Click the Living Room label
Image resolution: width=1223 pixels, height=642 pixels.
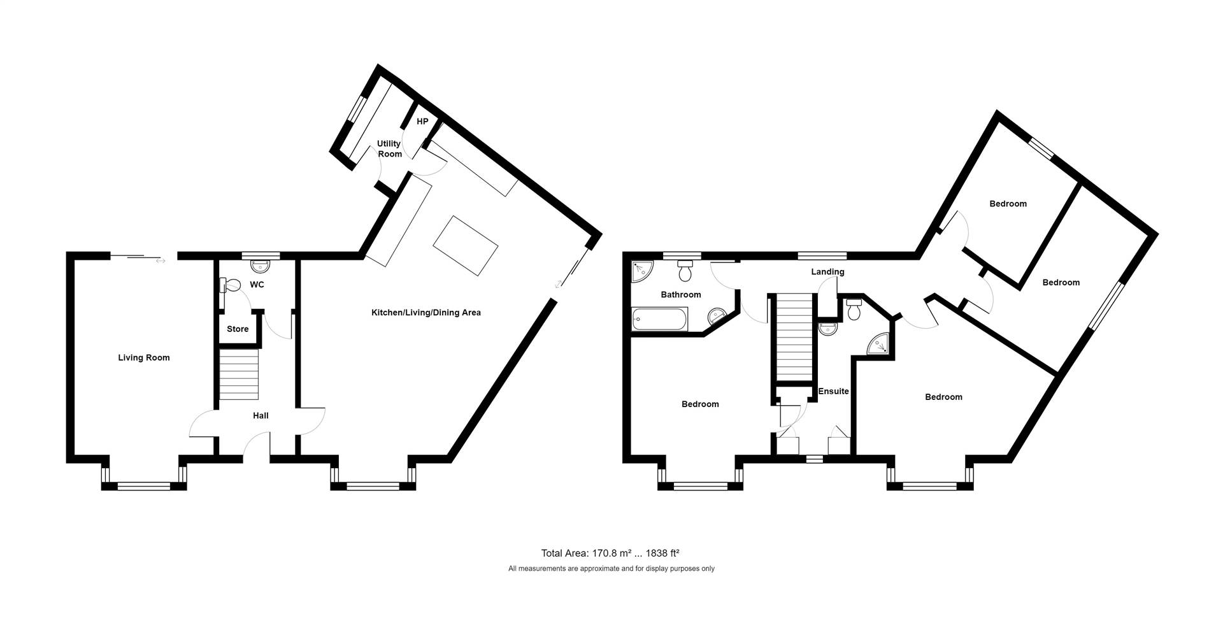tap(144, 358)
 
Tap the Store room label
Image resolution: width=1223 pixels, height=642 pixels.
tap(238, 329)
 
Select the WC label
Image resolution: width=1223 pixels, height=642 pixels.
tap(257, 285)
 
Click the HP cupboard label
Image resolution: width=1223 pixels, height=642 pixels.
tap(422, 122)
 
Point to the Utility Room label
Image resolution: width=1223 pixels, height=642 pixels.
tap(389, 149)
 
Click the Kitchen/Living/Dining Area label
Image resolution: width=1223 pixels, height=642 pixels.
tap(426, 313)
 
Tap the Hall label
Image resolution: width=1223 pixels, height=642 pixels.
tap(261, 416)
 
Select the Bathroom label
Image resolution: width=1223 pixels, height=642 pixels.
tap(681, 295)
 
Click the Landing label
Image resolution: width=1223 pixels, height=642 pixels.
tap(827, 272)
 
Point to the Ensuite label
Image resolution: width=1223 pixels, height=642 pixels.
tap(834, 391)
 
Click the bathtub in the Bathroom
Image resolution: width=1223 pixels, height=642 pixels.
tap(660, 319)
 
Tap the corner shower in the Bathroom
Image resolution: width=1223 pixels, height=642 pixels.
tap(641, 271)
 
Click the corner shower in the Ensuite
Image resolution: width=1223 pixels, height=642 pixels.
tap(880, 344)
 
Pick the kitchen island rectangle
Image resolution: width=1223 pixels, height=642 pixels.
tap(466, 245)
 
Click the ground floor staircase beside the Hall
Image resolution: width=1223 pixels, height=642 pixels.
tap(240, 374)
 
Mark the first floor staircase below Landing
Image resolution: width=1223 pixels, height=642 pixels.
tap(794, 338)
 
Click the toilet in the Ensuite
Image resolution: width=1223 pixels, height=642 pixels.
tap(855, 310)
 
